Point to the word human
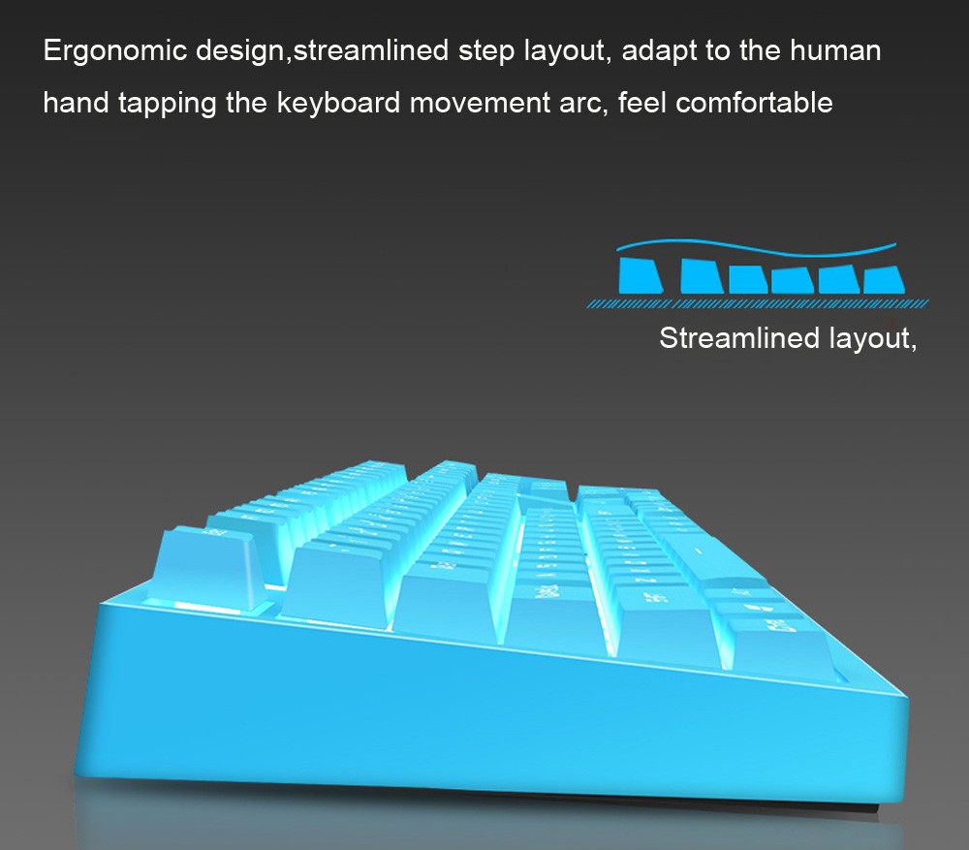(835, 50)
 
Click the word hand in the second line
(76, 102)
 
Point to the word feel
(642, 102)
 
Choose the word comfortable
(754, 102)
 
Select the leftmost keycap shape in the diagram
(641, 274)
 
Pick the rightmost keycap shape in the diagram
(883, 279)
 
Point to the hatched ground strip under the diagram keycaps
(756, 303)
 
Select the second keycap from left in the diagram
(703, 276)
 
